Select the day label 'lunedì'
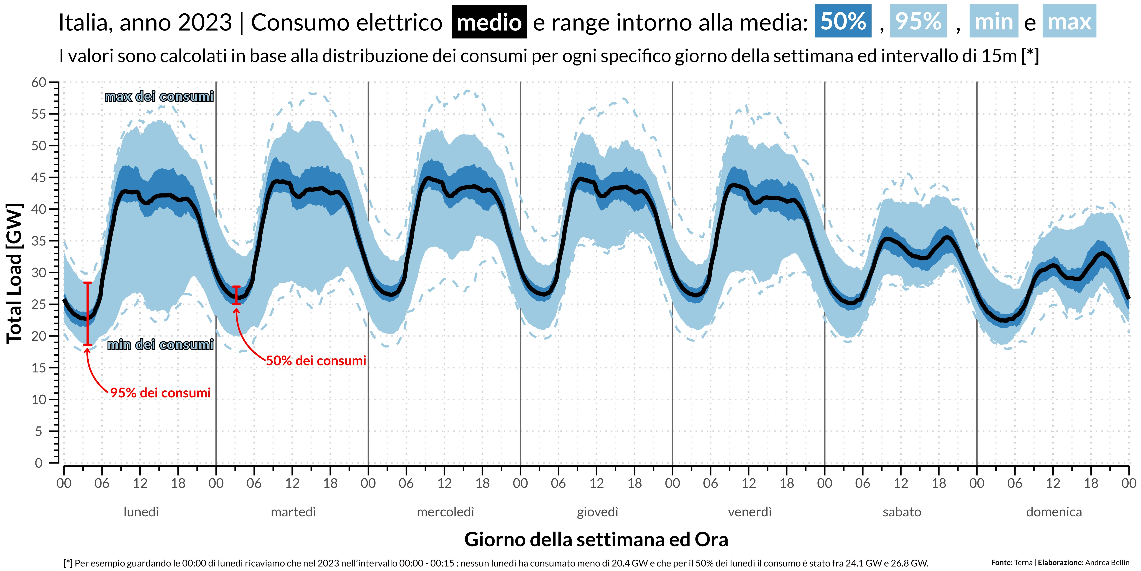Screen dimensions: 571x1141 [x=141, y=512]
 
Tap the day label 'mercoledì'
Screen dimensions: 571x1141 [x=445, y=512]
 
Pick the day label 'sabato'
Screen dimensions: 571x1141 [x=902, y=512]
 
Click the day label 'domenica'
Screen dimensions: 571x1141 [x=1054, y=512]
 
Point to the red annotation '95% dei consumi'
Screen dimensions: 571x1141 [x=160, y=393]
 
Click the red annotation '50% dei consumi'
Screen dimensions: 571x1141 [x=316, y=361]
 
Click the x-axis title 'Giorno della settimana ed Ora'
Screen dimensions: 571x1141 [x=596, y=540]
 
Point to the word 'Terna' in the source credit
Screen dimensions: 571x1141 [x=1023, y=563]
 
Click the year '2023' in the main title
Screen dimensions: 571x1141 [x=205, y=22]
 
